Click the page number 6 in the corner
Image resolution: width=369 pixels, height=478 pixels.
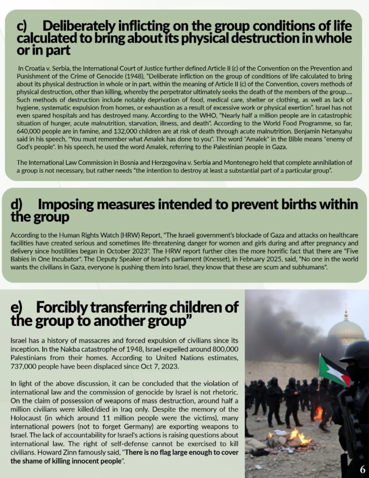point(362,469)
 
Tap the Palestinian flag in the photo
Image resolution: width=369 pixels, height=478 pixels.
point(334,370)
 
